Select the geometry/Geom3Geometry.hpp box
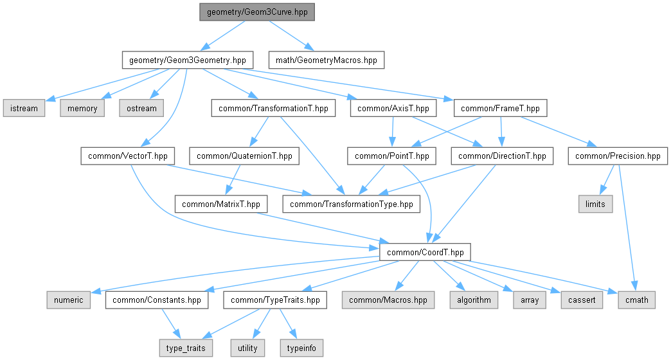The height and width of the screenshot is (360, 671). click(x=187, y=60)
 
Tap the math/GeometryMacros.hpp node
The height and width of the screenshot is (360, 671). click(x=327, y=60)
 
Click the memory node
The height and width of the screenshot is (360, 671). click(x=82, y=108)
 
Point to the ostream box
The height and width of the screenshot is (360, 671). click(x=141, y=108)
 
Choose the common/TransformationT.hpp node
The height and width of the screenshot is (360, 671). click(x=273, y=108)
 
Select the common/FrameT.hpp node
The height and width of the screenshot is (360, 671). click(x=501, y=108)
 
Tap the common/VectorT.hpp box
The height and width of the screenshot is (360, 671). click(x=125, y=156)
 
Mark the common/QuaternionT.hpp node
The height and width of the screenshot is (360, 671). click(x=244, y=156)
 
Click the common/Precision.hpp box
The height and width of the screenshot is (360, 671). click(x=618, y=156)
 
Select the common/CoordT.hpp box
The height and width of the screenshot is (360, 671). click(x=424, y=252)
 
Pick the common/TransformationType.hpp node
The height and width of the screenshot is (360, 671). click(x=352, y=204)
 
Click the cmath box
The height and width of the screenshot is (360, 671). click(x=637, y=300)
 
